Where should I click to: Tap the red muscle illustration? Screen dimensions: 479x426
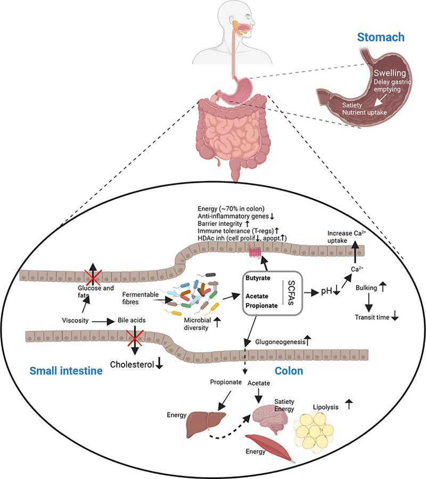tap(271, 448)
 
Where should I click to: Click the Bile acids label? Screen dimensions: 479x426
tap(133, 322)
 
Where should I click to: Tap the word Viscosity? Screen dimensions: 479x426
tap(75, 321)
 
